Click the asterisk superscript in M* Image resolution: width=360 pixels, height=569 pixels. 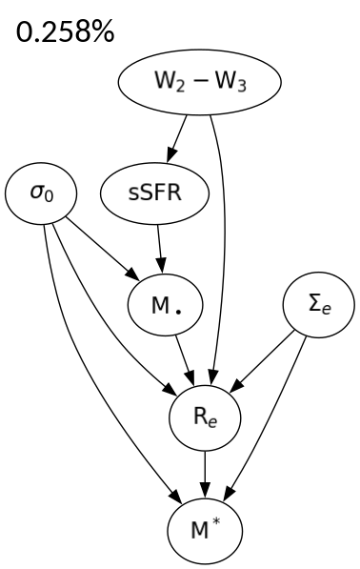(214, 518)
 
